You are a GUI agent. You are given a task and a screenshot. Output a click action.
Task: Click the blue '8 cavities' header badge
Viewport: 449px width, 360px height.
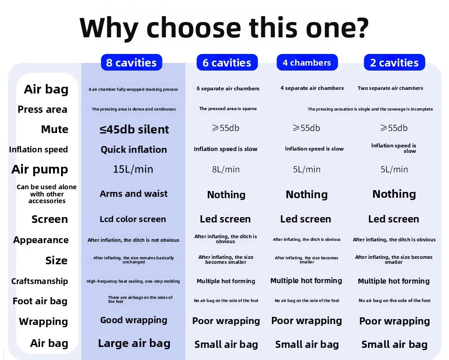point(132,62)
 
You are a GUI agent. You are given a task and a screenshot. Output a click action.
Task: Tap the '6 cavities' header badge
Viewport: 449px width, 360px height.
point(227,62)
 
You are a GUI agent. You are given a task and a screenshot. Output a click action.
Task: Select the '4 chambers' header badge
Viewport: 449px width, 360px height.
point(307,62)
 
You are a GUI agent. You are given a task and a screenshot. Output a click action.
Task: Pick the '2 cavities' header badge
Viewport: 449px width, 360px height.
point(394,62)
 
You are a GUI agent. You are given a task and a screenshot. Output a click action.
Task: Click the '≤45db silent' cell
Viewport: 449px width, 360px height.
point(134,129)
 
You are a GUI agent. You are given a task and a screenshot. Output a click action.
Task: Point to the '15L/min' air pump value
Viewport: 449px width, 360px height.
point(133,169)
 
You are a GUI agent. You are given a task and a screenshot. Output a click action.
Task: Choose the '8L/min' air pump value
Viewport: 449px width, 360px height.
point(226,169)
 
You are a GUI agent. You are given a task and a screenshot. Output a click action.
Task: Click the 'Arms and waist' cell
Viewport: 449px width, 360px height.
point(133,194)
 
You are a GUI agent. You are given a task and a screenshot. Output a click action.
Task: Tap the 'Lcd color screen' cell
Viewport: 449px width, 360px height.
point(133,219)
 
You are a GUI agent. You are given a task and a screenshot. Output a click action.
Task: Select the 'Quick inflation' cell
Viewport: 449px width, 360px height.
point(134,150)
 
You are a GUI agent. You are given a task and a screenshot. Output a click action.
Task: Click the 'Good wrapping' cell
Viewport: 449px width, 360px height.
point(134,320)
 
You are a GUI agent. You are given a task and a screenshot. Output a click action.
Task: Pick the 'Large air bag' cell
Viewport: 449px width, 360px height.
point(134,343)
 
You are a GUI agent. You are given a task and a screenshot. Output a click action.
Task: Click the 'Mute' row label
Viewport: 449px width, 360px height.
point(55,129)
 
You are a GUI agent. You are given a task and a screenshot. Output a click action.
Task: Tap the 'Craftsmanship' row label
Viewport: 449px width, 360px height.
point(40,281)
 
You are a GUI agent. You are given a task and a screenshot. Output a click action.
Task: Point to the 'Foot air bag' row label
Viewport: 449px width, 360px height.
point(40,301)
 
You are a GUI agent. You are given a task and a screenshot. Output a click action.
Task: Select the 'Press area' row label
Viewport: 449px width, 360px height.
point(42,110)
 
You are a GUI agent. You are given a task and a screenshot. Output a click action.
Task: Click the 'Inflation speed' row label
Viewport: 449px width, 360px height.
point(38,150)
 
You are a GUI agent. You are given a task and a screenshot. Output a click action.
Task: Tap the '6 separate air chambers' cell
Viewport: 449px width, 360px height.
point(228,89)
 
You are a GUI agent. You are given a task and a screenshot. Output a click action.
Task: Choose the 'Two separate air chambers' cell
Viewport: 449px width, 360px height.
point(390,88)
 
